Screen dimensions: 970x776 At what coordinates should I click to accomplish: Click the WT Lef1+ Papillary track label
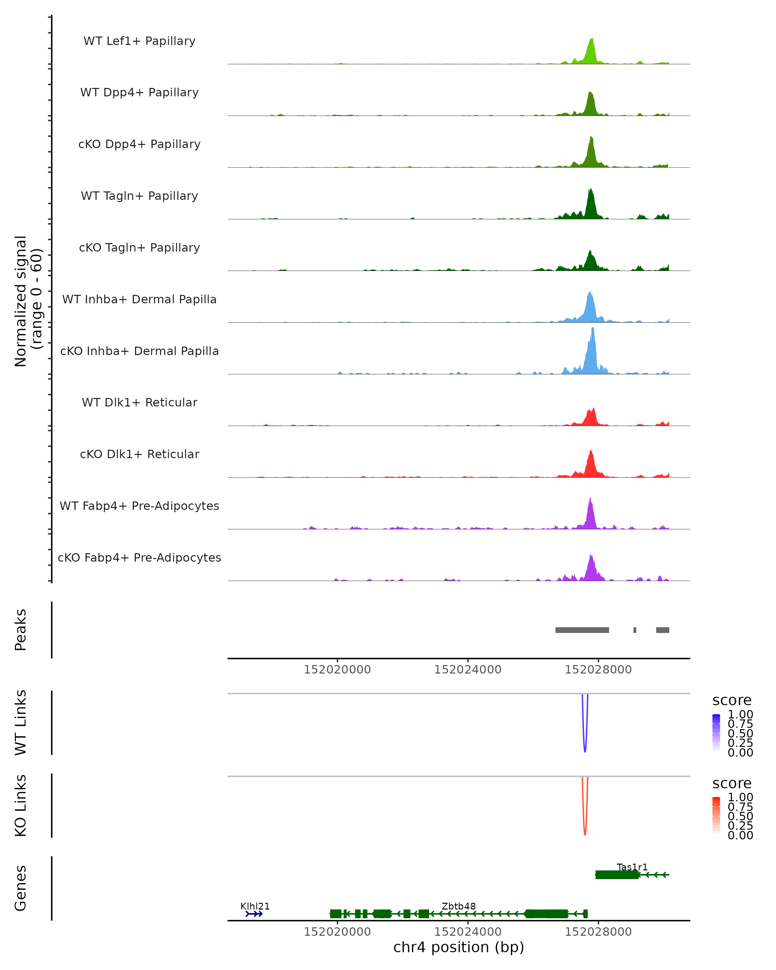139,41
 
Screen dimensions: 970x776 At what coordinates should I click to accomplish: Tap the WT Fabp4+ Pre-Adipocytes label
139,506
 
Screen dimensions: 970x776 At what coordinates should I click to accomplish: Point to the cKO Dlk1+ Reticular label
139,454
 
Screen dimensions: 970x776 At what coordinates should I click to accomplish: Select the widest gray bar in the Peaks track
582,630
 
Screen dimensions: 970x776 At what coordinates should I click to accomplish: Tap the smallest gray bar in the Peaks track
635,630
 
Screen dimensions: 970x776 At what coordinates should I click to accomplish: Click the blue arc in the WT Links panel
585,738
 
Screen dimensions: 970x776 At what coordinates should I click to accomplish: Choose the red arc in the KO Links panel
585,821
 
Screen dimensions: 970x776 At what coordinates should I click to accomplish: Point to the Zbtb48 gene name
458,906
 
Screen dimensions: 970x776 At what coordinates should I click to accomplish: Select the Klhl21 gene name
255,906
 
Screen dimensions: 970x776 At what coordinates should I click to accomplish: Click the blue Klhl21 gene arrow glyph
254,914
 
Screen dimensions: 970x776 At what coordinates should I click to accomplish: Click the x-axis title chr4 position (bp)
458,947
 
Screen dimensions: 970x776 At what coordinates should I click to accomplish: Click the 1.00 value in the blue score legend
740,715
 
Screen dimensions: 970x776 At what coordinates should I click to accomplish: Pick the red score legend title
732,783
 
